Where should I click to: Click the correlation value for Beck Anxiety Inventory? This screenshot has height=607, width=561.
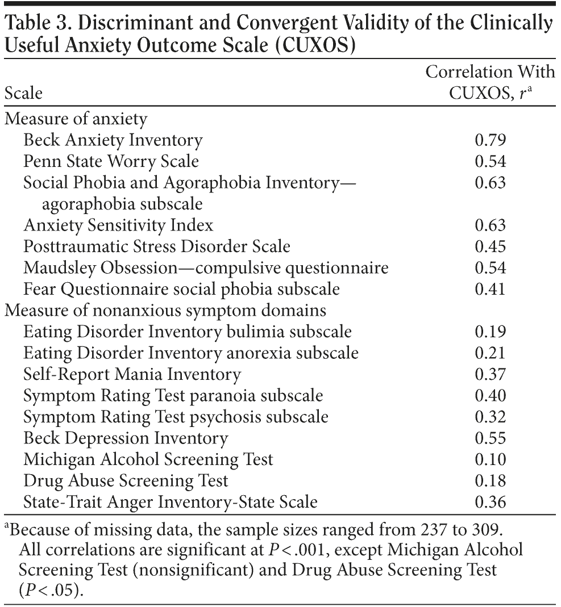pyautogui.click(x=490, y=140)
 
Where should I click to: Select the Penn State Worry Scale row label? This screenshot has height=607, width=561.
pyautogui.click(x=111, y=161)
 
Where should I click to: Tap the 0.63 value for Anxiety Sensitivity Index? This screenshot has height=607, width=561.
pyautogui.click(x=490, y=225)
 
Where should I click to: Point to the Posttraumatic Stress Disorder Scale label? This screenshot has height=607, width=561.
pyautogui.click(x=156, y=246)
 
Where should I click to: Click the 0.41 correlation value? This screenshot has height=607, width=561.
pyautogui.click(x=490, y=290)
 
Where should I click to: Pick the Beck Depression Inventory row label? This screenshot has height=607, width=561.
pyautogui.click(x=125, y=438)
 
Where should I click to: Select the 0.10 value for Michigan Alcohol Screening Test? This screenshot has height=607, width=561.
pyautogui.click(x=490, y=460)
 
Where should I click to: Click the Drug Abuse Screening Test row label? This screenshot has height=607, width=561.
pyautogui.click(x=125, y=481)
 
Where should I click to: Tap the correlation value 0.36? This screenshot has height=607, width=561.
pyautogui.click(x=490, y=503)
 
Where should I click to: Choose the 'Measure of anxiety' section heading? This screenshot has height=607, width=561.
pyautogui.click(x=76, y=119)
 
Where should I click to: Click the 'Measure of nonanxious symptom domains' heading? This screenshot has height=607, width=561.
pyautogui.click(x=165, y=311)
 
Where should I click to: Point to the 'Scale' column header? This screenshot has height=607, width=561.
pyautogui.click(x=23, y=93)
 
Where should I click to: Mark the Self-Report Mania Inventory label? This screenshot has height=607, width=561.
pyautogui.click(x=132, y=375)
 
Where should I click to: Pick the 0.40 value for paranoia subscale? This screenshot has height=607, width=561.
pyautogui.click(x=490, y=396)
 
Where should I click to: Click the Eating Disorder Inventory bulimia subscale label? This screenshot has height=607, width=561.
pyautogui.click(x=187, y=332)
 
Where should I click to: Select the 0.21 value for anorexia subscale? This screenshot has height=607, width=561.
pyautogui.click(x=490, y=353)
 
